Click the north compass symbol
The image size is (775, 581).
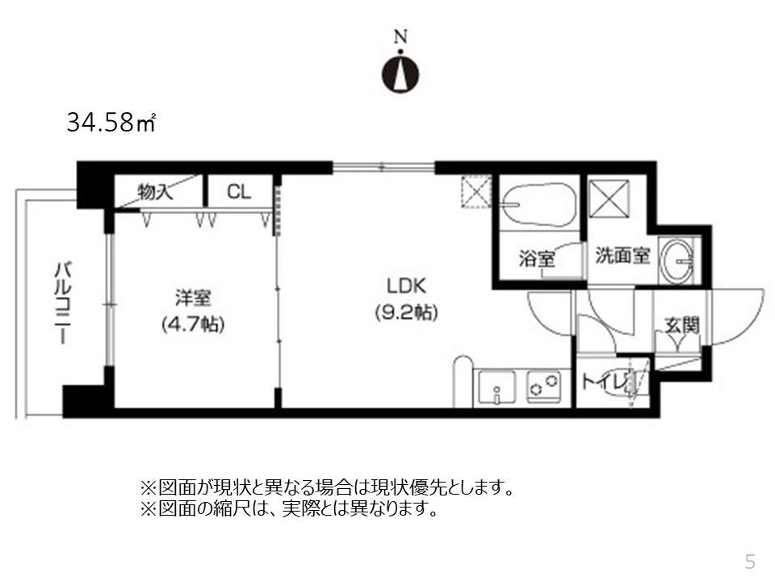click(x=400, y=69)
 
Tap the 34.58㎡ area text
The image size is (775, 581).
click(x=111, y=125)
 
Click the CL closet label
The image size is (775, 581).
click(x=238, y=192)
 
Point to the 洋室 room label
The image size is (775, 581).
click(x=193, y=299)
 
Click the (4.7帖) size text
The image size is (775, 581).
click(x=193, y=324)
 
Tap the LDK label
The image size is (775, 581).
click(x=406, y=286)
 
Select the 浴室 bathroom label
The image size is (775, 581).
click(x=536, y=260)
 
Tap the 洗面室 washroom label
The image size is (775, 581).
click(x=622, y=257)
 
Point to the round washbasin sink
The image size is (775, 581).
click(x=677, y=260)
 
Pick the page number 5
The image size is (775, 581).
click(x=750, y=561)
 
